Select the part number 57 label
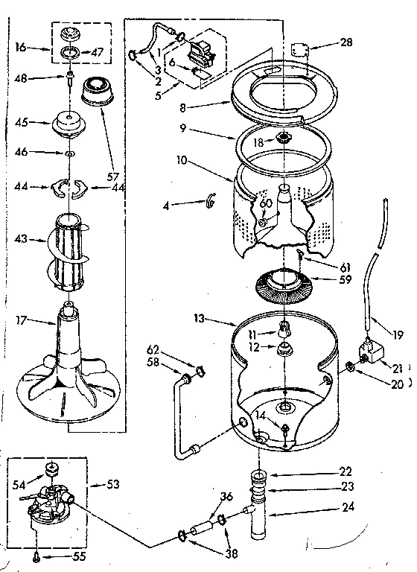[x=114, y=178]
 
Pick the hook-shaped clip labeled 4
[x=208, y=203]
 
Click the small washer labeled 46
[x=69, y=154]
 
